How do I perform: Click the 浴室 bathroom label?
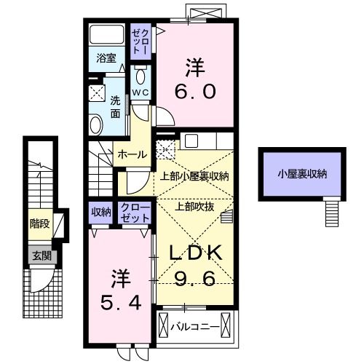tap(106, 59)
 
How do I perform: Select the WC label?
tap(141, 93)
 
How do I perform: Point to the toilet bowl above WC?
tap(141, 77)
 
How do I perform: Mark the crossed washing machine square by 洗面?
tap(96, 92)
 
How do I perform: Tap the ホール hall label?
tap(132, 154)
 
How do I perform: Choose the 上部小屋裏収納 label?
tap(194, 175)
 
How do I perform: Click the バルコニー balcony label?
tap(196, 327)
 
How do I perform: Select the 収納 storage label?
tap(100, 213)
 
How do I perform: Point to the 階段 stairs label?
tap(39, 223)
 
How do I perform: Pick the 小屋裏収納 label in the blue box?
tap(301, 174)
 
